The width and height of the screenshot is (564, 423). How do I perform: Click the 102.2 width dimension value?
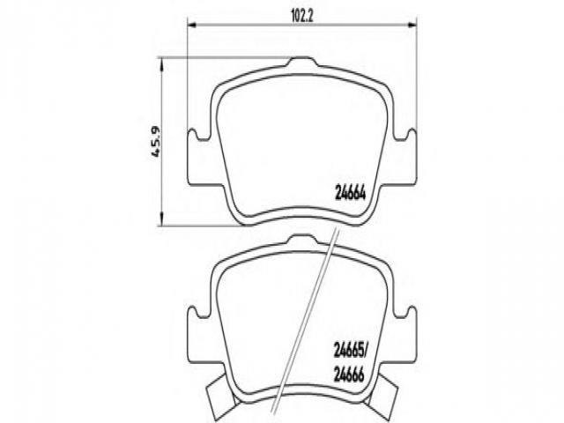(x=301, y=18)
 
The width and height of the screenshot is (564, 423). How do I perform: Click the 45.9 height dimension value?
(x=155, y=142)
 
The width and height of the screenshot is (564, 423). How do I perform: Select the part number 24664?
(x=350, y=194)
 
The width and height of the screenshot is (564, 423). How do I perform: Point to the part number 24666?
(x=349, y=375)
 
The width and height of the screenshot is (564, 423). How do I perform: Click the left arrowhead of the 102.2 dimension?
(x=192, y=25)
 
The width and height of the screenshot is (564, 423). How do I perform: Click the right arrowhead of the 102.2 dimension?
(x=412, y=25)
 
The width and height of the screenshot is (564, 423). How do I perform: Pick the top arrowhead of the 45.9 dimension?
(x=161, y=64)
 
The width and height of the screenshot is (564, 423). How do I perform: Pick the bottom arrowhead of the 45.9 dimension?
(x=161, y=219)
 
